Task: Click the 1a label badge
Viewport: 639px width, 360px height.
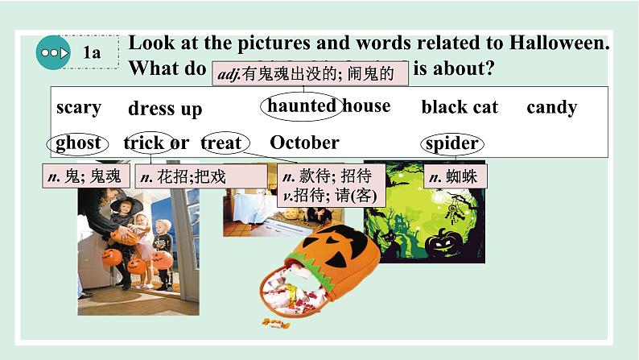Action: [92, 53]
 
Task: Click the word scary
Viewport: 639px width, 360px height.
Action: [79, 107]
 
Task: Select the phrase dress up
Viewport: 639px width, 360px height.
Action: [165, 109]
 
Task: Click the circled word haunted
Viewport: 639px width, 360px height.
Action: [301, 106]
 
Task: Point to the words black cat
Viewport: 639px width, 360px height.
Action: [460, 107]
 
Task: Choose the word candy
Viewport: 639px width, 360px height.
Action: [551, 107]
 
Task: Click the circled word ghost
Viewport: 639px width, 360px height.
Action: [78, 143]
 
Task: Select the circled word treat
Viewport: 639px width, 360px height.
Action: [221, 143]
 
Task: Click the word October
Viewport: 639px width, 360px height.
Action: [304, 143]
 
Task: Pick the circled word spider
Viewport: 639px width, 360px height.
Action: [452, 143]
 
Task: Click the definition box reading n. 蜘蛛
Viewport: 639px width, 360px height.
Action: [456, 176]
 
